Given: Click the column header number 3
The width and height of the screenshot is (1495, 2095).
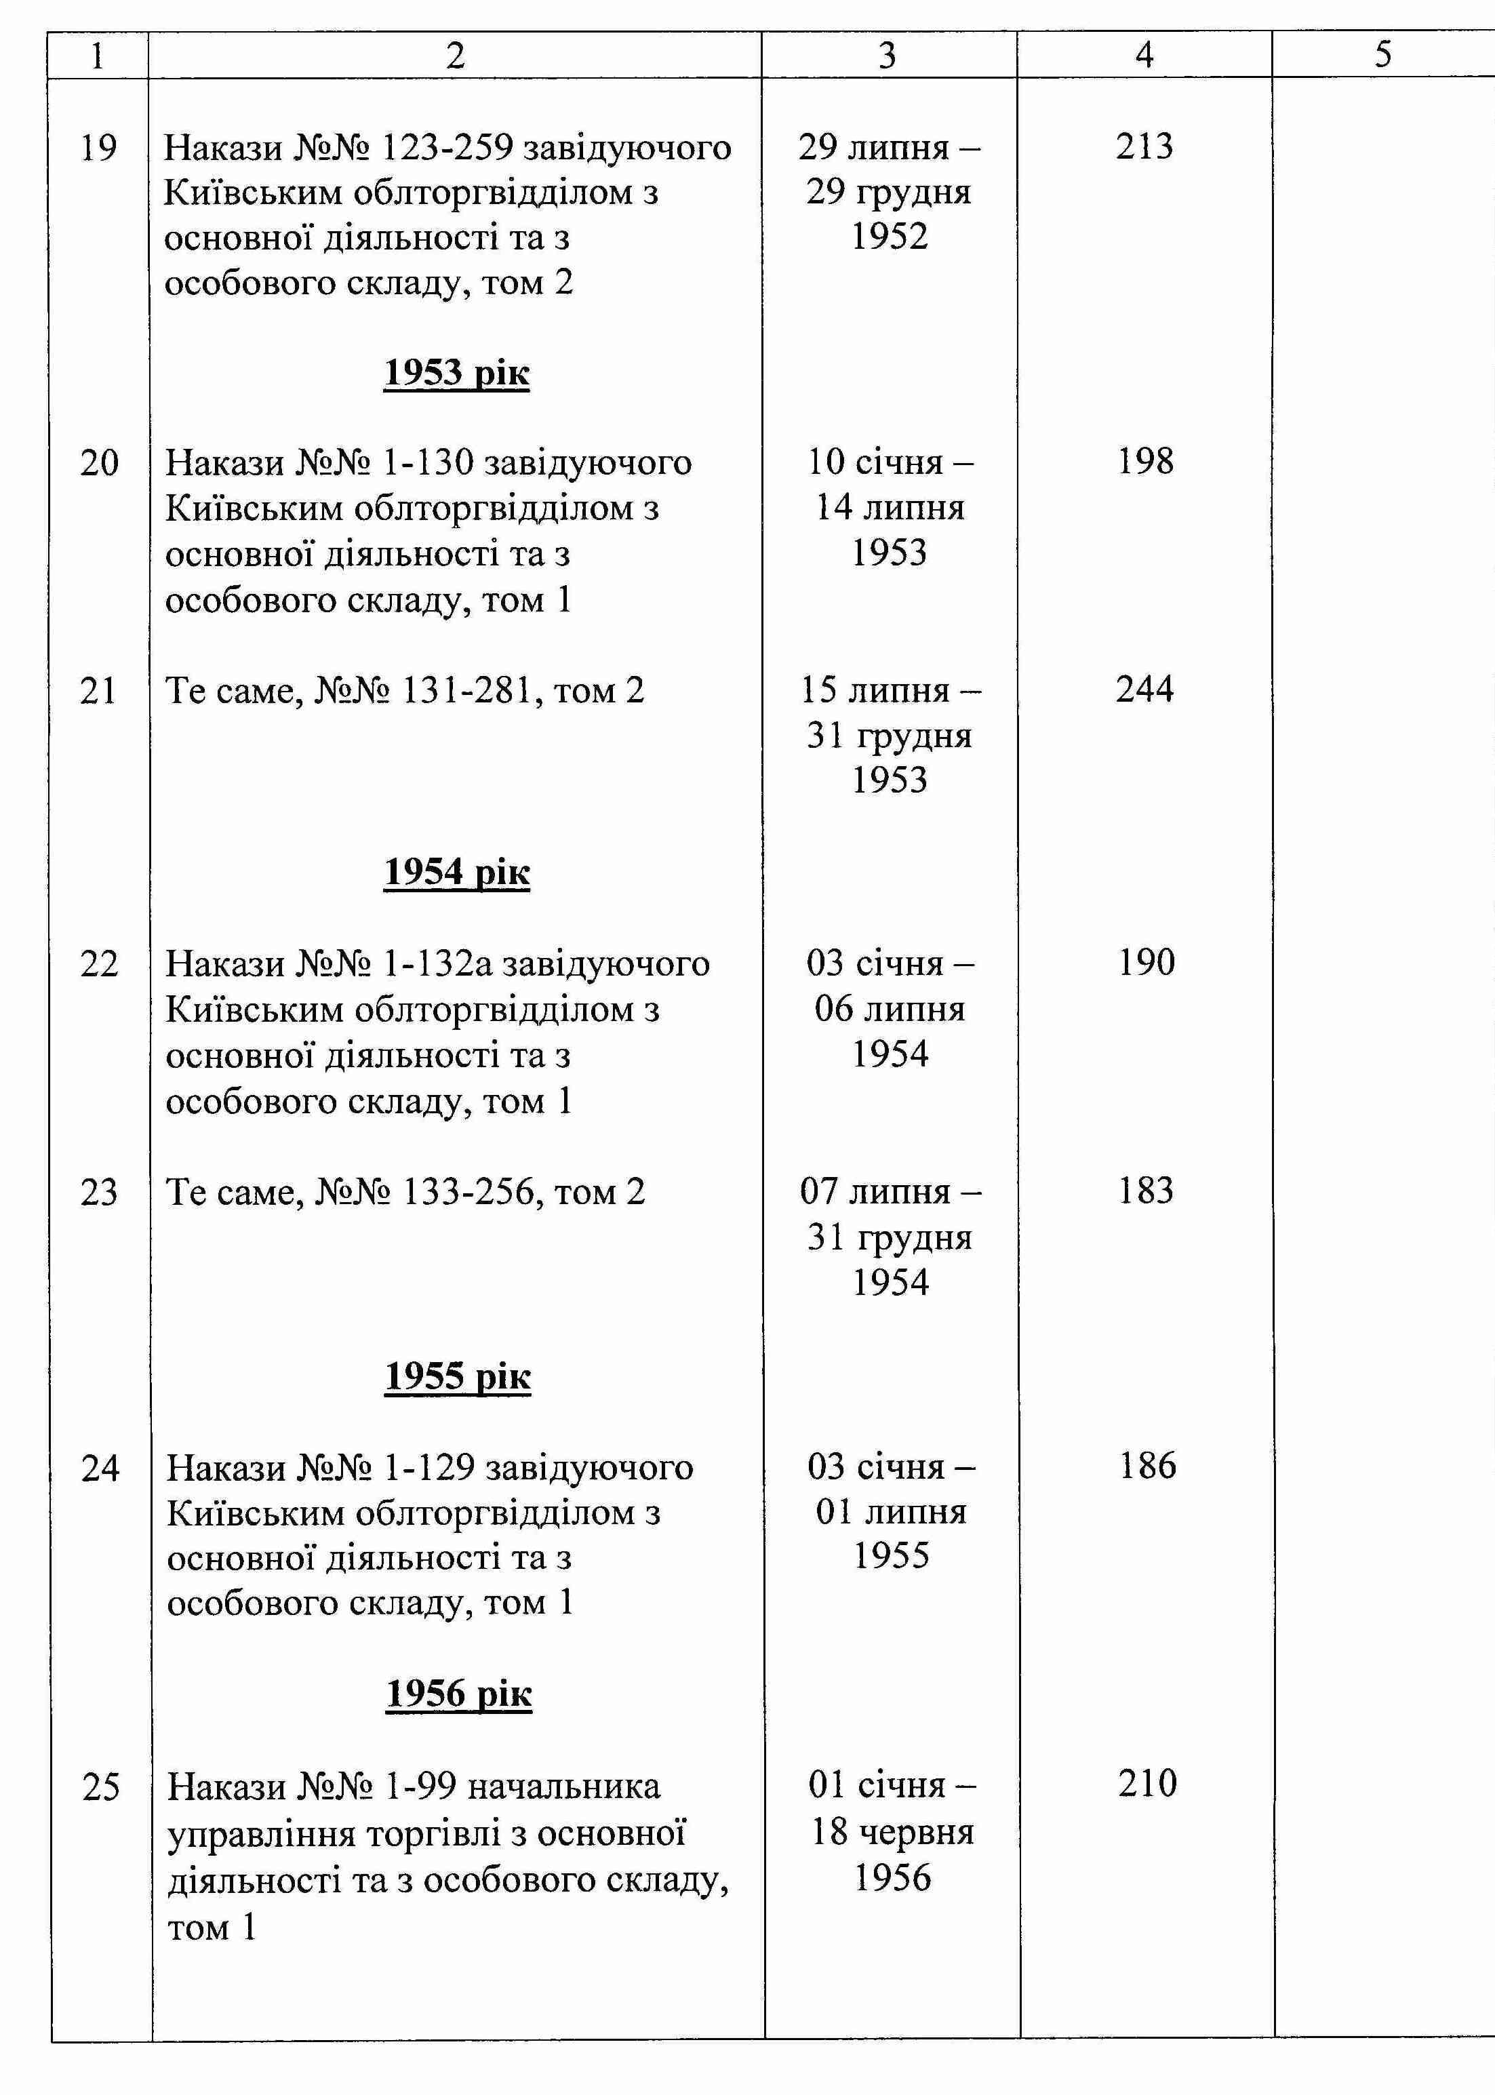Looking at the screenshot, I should (x=888, y=55).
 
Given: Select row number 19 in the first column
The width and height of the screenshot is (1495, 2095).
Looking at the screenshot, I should (x=98, y=147).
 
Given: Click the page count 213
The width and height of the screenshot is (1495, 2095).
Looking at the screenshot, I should (x=1144, y=146).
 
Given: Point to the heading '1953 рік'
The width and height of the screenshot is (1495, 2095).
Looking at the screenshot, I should (x=456, y=373).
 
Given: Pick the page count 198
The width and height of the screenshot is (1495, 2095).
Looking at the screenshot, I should (x=1145, y=461).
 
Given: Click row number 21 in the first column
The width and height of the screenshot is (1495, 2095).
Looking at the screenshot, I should (x=98, y=690).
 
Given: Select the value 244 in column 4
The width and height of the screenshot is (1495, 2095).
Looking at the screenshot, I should (x=1144, y=690).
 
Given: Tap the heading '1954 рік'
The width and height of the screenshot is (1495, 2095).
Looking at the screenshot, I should (x=456, y=873).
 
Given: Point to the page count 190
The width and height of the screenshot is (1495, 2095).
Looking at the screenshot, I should (x=1146, y=963).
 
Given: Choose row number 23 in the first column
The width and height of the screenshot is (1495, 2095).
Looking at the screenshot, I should (x=98, y=1192).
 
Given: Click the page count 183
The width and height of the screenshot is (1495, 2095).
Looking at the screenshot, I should (x=1146, y=1191).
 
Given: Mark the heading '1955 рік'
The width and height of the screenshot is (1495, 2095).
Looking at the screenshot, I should (x=458, y=1376).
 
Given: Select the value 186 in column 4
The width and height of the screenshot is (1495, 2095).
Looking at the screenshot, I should (x=1147, y=1466).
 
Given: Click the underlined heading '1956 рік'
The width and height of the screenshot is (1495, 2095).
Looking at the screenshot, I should (x=458, y=1694).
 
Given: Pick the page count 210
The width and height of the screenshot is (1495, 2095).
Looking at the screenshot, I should (x=1147, y=1784).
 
